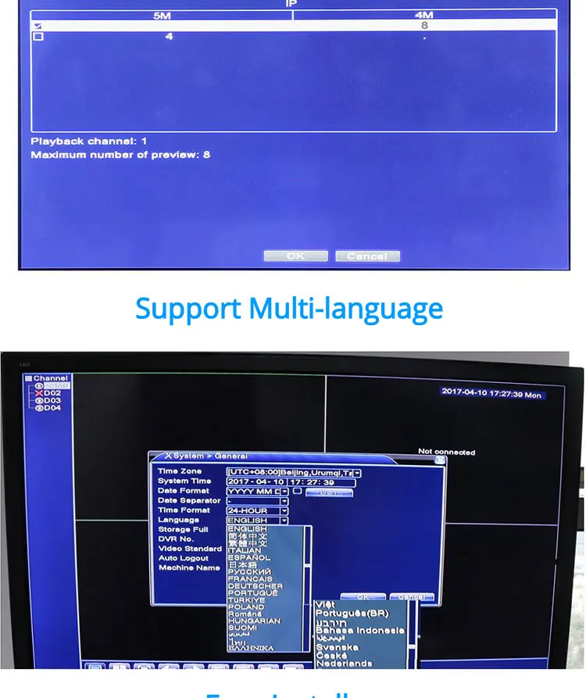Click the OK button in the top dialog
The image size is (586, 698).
295,256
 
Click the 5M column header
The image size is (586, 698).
162,15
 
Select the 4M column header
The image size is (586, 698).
424,15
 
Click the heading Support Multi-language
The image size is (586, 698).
289,309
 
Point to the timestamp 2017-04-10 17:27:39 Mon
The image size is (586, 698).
491,393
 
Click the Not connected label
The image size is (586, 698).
446,452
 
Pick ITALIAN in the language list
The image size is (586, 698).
245,550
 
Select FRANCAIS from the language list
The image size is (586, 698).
250,579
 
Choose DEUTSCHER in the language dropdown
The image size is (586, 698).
255,586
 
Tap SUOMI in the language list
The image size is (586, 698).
242,628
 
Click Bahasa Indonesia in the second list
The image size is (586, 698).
360,630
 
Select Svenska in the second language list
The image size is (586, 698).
338,647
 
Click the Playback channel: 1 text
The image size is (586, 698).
89,141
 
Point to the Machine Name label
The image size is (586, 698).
189,567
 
